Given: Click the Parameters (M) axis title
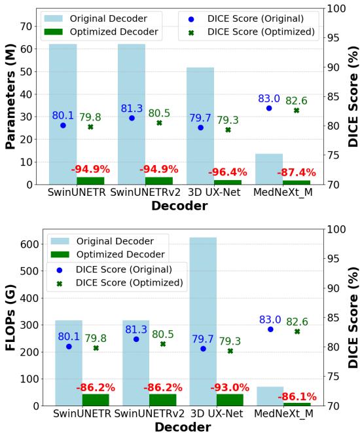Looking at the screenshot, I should [x=11, y=95].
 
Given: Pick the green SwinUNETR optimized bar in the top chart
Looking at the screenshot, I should [x=90, y=180].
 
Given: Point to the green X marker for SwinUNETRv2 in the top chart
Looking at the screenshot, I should [x=159, y=122].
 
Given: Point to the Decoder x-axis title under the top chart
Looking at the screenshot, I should [x=179, y=206].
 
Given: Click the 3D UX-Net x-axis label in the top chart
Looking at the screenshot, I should [x=214, y=193].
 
